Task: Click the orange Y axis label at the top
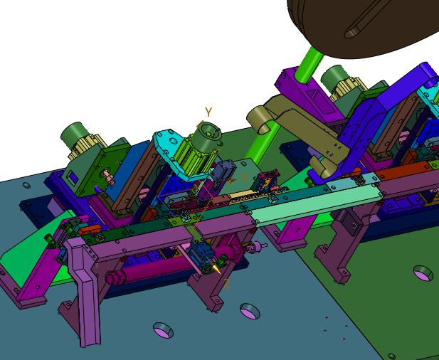(208, 112)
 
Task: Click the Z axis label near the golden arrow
(228, 285)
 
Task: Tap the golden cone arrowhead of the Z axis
(216, 269)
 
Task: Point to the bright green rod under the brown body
(309, 65)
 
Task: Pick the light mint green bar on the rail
(317, 205)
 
